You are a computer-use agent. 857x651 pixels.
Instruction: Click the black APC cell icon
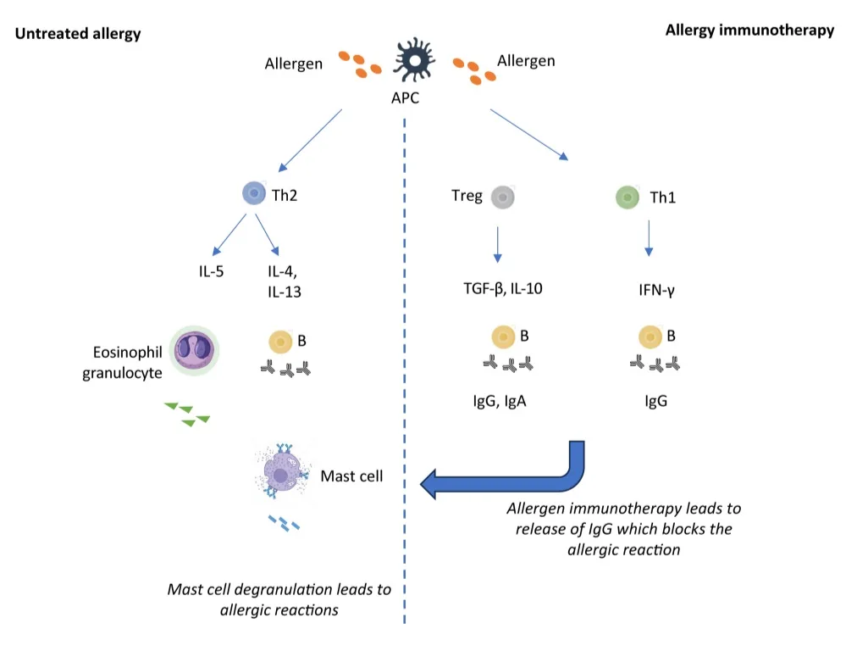coord(414,59)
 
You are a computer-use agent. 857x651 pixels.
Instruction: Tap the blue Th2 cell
coord(253,193)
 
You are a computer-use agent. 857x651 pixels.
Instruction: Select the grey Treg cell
coord(502,197)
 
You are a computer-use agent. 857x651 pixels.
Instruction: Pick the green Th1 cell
coord(627,197)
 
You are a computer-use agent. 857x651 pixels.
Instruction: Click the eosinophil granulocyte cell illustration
coord(194,350)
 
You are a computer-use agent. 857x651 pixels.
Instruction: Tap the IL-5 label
coord(211,271)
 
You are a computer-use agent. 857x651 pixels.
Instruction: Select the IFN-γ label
coord(656,290)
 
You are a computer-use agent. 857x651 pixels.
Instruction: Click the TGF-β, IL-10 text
coord(503,288)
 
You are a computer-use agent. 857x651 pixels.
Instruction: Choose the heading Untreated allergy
coord(78,34)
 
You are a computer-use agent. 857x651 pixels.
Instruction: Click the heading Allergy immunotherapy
coord(749,30)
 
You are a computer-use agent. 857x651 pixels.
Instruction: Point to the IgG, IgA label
coord(500,401)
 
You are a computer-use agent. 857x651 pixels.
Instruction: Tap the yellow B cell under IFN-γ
coord(650,337)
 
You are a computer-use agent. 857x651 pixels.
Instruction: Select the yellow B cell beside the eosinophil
coord(280,342)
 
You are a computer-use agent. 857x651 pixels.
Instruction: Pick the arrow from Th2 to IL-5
coord(229,235)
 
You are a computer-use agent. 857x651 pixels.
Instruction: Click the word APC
coord(405,98)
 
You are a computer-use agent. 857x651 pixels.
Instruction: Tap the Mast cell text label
coord(351,476)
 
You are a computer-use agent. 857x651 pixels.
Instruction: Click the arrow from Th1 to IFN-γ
coord(649,238)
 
